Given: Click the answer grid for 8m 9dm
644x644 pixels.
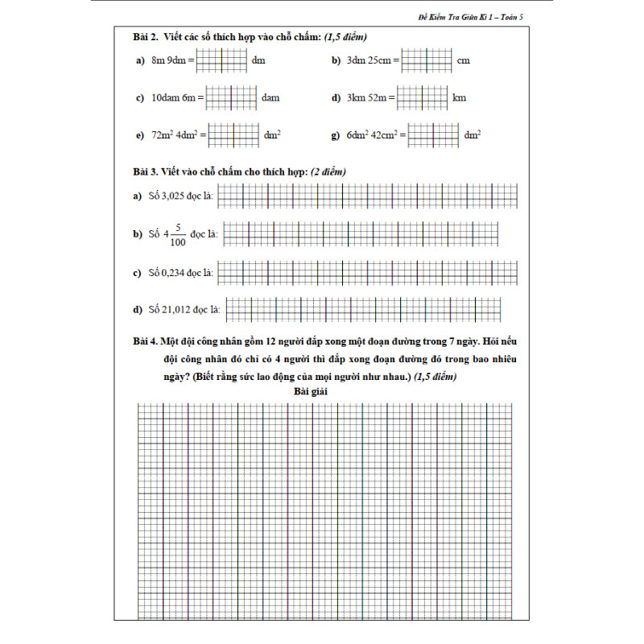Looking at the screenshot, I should (221, 60).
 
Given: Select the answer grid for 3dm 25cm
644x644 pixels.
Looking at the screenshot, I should (426, 60).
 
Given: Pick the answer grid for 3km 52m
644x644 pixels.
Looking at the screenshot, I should (423, 97).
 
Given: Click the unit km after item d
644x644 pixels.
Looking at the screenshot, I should (460, 98).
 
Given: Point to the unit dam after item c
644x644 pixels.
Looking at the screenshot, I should (271, 98).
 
